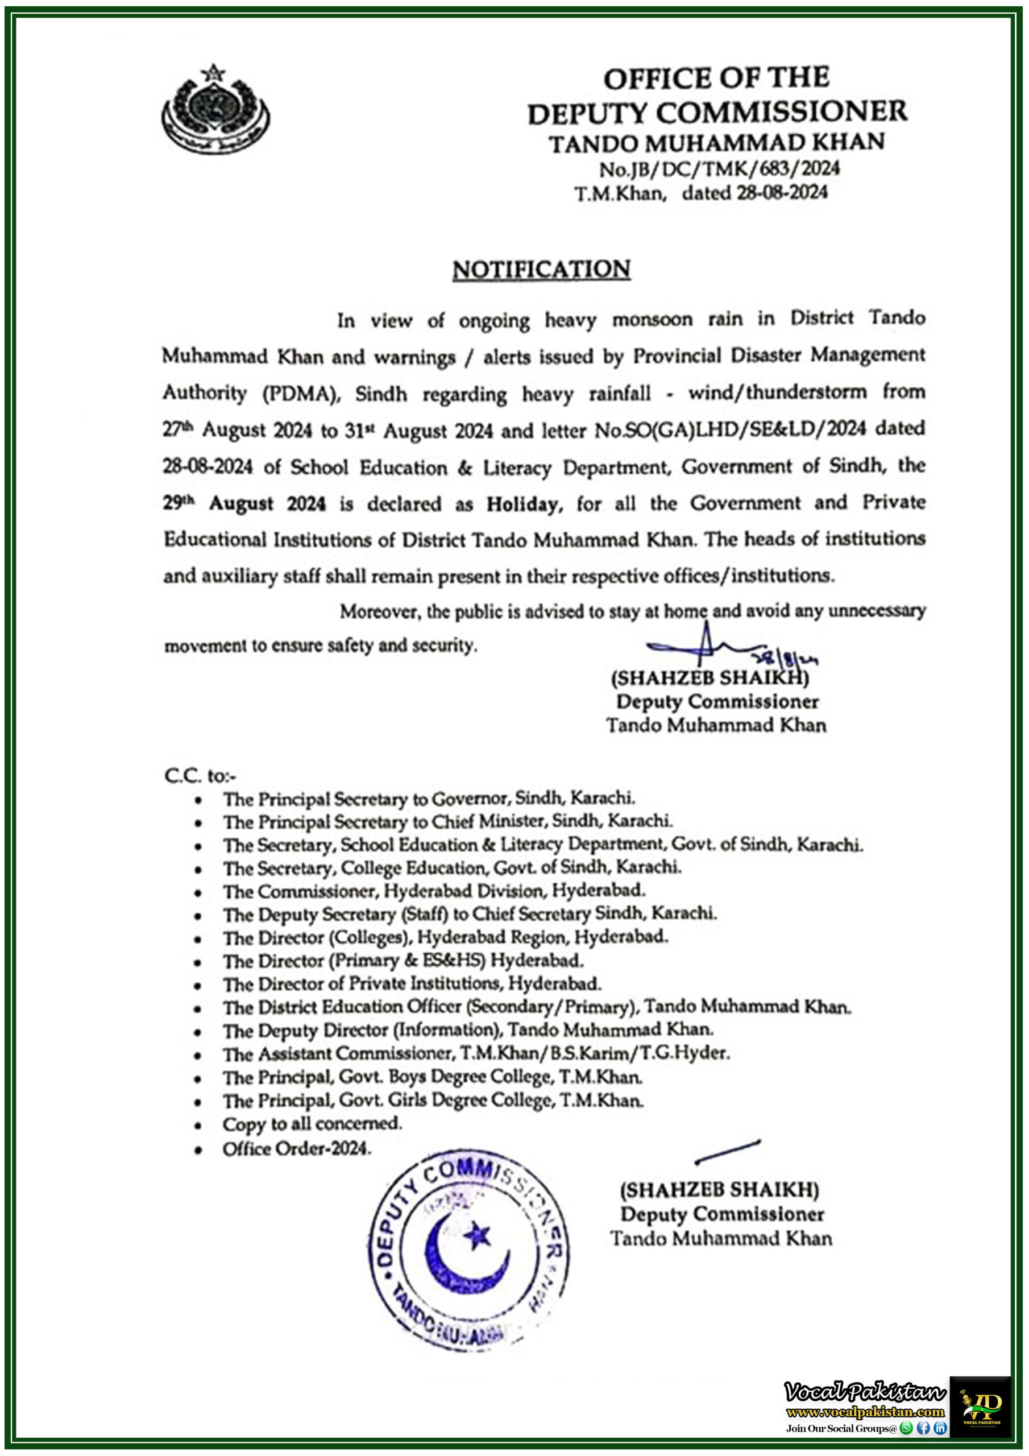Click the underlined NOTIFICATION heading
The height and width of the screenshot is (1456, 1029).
pos(541,270)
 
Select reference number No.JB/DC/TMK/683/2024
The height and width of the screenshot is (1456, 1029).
pos(719,169)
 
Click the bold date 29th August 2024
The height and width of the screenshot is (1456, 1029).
pos(244,504)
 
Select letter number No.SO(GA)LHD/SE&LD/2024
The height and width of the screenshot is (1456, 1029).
pos(730,430)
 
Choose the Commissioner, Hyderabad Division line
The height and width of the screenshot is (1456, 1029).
pos(434,891)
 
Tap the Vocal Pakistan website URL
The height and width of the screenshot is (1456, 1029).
pos(865,1412)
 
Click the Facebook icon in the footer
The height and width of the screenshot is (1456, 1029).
pos(923,1428)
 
